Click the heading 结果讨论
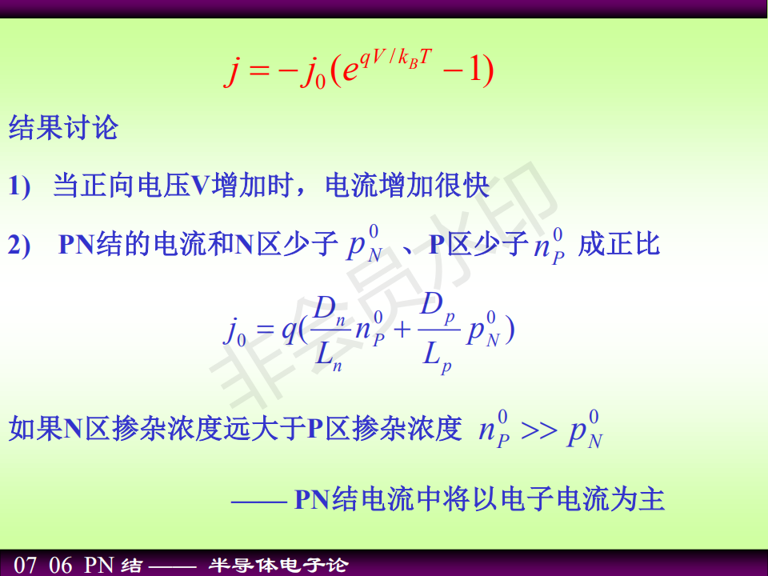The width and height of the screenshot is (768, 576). coord(64,128)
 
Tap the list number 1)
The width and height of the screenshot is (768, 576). coord(19,186)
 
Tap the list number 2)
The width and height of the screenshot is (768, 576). coord(19,245)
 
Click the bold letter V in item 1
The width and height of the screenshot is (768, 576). coord(200,186)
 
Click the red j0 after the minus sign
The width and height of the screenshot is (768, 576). coord(314,71)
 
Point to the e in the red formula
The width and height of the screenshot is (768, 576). coord(350,70)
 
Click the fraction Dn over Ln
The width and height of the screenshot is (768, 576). coord(329,333)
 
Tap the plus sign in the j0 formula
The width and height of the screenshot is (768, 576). coord(402,330)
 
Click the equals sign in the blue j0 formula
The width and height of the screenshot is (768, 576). coord(264,329)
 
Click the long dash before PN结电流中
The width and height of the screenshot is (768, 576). coord(259,502)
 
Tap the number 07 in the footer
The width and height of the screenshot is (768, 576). coord(25,566)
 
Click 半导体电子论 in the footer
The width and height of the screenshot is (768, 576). coord(278,566)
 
